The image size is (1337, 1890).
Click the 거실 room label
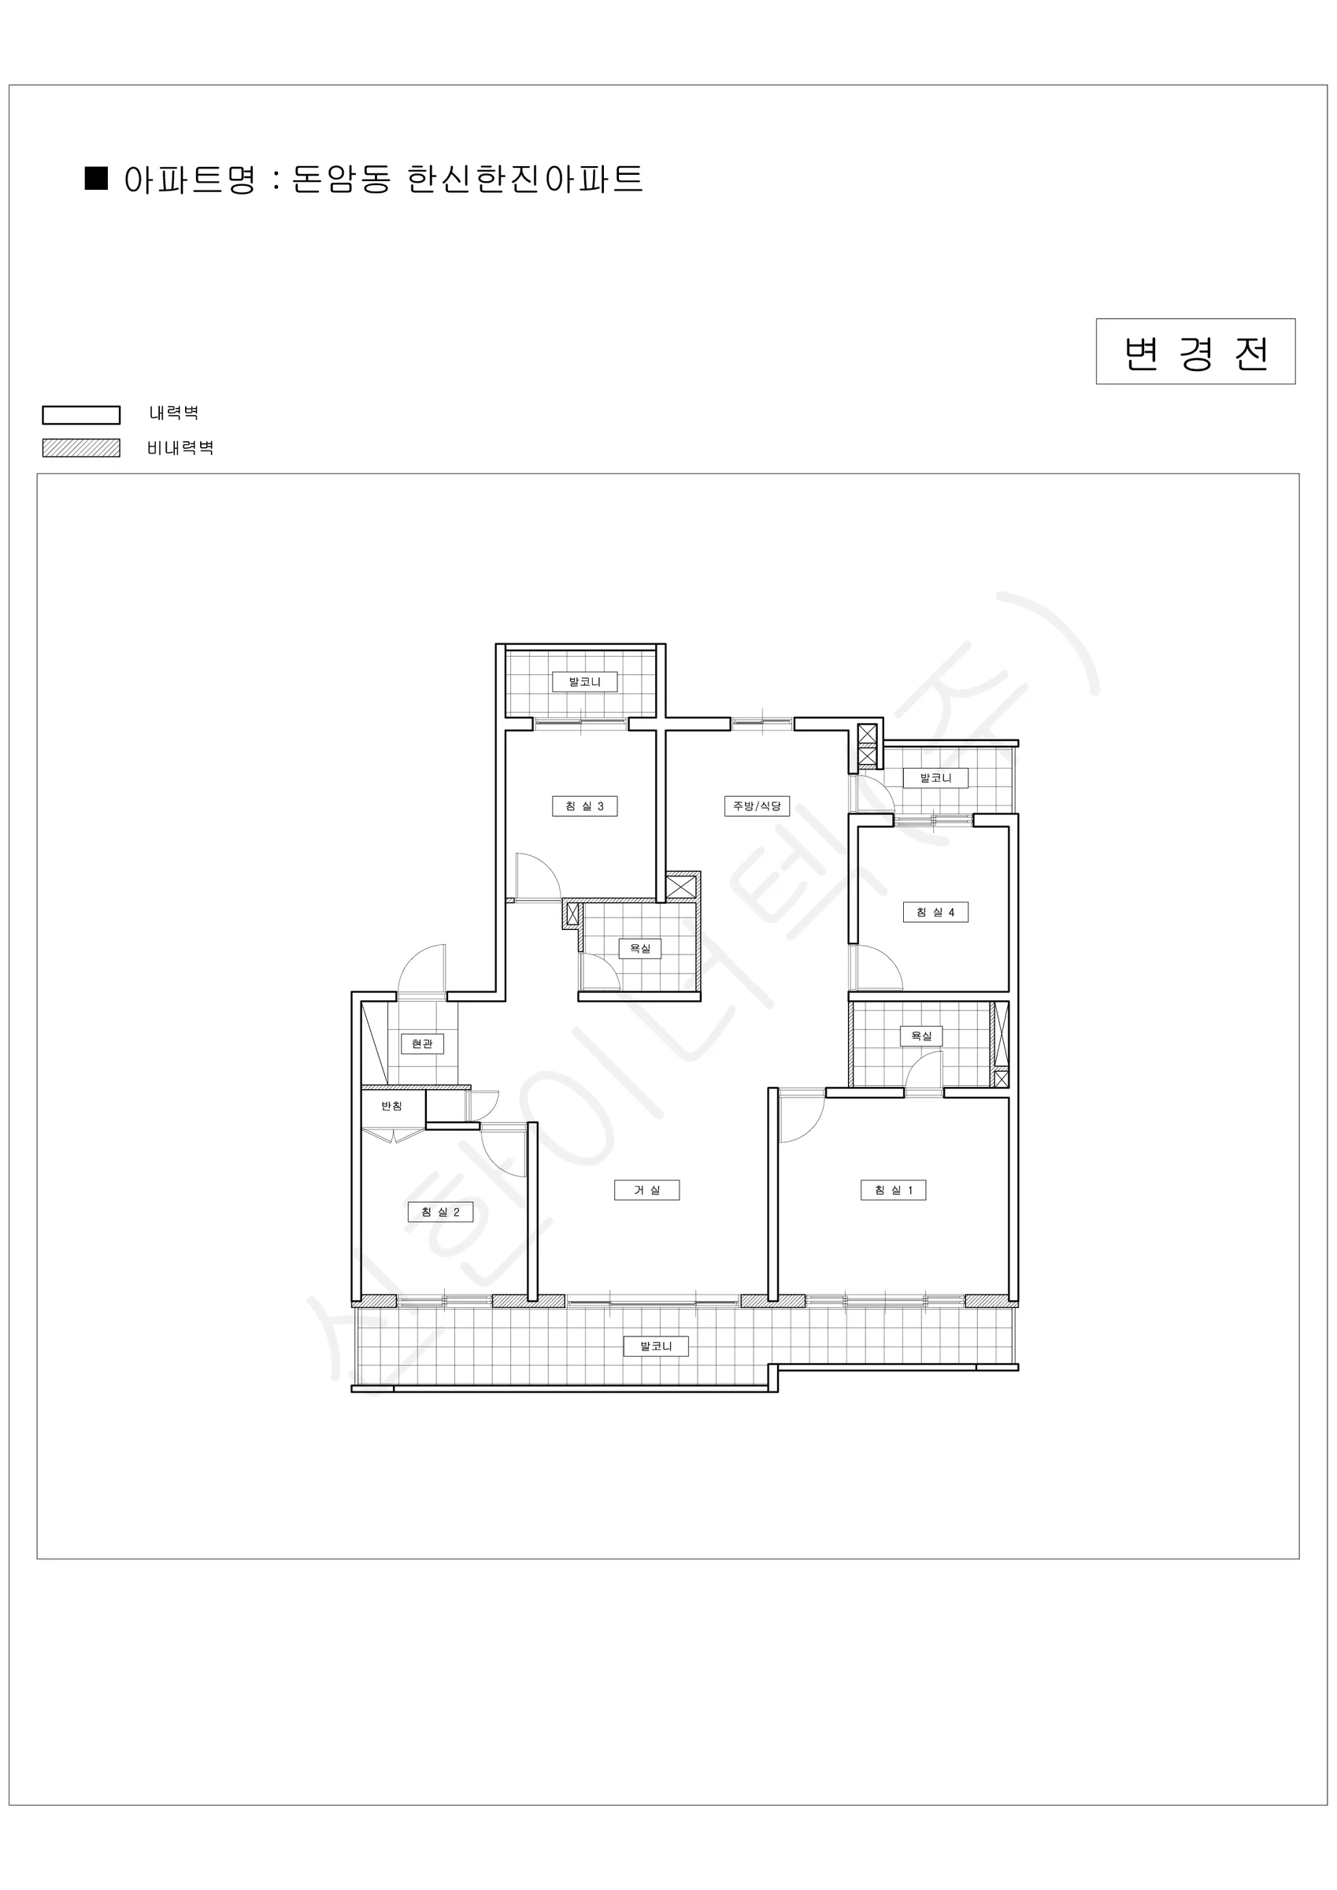click(647, 1189)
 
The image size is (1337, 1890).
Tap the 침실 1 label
click(893, 1189)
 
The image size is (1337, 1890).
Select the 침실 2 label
click(440, 1212)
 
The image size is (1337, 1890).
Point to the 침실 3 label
click(584, 806)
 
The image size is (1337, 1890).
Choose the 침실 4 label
click(935, 912)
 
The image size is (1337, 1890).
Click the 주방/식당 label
click(757, 806)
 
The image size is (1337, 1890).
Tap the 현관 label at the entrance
click(422, 1043)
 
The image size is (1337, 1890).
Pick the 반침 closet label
click(392, 1106)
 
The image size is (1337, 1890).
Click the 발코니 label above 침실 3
click(584, 682)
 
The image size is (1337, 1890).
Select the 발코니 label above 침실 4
click(935, 778)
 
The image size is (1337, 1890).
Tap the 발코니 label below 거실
click(656, 1346)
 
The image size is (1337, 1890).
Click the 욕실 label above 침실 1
click(921, 1036)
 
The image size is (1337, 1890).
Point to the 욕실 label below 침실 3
click(639, 948)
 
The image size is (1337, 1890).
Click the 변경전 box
click(1195, 351)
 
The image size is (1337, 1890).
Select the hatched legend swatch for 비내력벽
click(82, 448)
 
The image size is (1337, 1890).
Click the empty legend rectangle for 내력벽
click(82, 415)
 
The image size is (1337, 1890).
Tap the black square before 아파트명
click(96, 178)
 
